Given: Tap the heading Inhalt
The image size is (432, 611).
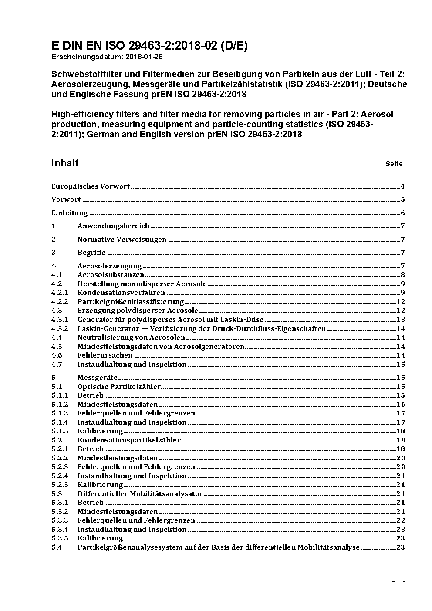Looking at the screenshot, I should coord(65,163).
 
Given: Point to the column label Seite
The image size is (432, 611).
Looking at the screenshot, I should coord(394,164).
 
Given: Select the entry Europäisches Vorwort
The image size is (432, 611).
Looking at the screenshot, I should coord(91,186).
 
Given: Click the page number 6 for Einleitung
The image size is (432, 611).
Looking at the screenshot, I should coord(403,213).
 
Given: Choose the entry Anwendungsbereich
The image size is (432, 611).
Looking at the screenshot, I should coord(113,226).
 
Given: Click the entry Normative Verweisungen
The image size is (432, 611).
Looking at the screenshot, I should coord(122,240).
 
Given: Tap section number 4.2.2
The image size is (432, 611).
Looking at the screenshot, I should coord(60,302).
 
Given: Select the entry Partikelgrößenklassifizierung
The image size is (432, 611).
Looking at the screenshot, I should coord(131,302).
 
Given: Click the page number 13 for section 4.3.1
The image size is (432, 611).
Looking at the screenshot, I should coord(401,320).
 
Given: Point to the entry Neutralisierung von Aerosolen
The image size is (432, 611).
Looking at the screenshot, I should coord(131,338).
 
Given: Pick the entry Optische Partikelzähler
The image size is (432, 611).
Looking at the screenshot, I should coord(119,387).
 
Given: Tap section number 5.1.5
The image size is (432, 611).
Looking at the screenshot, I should coord(60,431).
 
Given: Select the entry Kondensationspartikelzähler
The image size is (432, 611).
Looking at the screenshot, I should coord(129,440).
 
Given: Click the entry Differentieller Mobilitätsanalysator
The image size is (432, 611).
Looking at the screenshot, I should coord(140,494).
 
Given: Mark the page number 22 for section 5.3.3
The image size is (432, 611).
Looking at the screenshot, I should coord(401,520).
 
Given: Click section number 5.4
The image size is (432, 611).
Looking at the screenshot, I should coord(57,547).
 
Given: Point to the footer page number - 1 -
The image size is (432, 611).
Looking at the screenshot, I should coord(398,581).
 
